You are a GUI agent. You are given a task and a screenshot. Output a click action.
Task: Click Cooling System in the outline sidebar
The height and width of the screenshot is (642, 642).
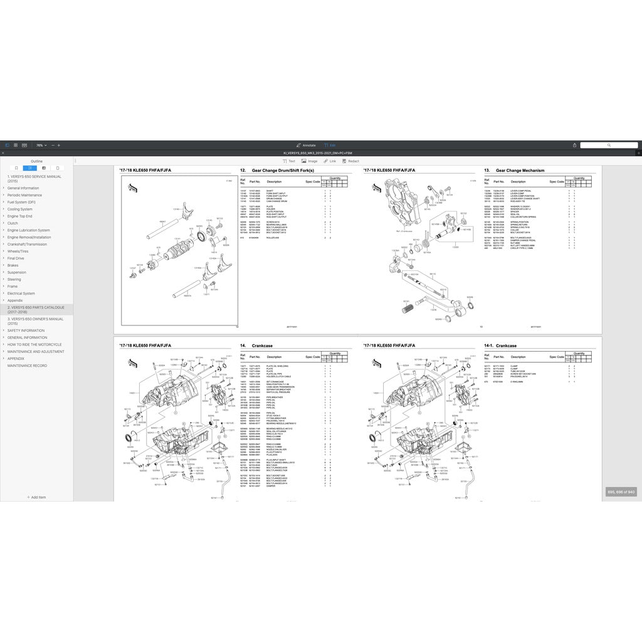click(20, 209)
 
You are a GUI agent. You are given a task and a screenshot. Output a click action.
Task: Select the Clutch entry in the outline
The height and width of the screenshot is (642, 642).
click(13, 223)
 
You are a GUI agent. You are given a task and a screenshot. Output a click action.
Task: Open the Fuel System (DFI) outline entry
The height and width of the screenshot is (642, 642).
click(21, 203)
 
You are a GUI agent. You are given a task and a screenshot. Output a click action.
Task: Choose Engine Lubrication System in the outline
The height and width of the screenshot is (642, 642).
click(29, 230)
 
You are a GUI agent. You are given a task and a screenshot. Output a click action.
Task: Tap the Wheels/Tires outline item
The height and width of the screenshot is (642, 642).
click(18, 251)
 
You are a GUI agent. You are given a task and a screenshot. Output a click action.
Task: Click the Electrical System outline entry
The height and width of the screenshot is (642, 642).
click(21, 293)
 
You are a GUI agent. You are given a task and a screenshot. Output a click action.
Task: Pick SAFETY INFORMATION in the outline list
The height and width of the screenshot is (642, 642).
click(26, 330)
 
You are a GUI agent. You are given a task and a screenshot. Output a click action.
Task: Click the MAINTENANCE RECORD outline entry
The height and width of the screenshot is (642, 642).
click(27, 366)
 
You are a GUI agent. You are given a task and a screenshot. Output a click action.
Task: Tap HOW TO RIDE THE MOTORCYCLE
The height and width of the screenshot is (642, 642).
click(34, 344)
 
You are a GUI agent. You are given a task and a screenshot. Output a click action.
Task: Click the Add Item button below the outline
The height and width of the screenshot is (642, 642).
click(36, 497)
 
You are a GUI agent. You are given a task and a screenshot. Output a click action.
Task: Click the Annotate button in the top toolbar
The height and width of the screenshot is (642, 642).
click(306, 145)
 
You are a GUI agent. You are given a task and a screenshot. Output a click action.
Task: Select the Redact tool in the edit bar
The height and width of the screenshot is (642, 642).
click(351, 161)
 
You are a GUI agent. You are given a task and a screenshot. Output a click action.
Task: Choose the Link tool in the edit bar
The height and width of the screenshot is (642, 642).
click(330, 161)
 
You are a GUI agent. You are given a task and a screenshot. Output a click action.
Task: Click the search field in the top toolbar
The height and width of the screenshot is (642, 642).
click(608, 145)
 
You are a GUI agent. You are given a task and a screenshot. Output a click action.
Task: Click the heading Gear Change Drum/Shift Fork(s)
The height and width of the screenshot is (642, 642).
click(282, 171)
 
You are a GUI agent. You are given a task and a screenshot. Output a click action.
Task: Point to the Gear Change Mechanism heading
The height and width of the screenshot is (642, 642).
click(520, 171)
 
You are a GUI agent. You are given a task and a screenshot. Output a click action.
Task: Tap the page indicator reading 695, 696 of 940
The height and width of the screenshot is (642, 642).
click(621, 492)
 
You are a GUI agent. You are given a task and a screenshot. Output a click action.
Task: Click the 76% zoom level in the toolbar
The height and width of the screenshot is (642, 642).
click(39, 145)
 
